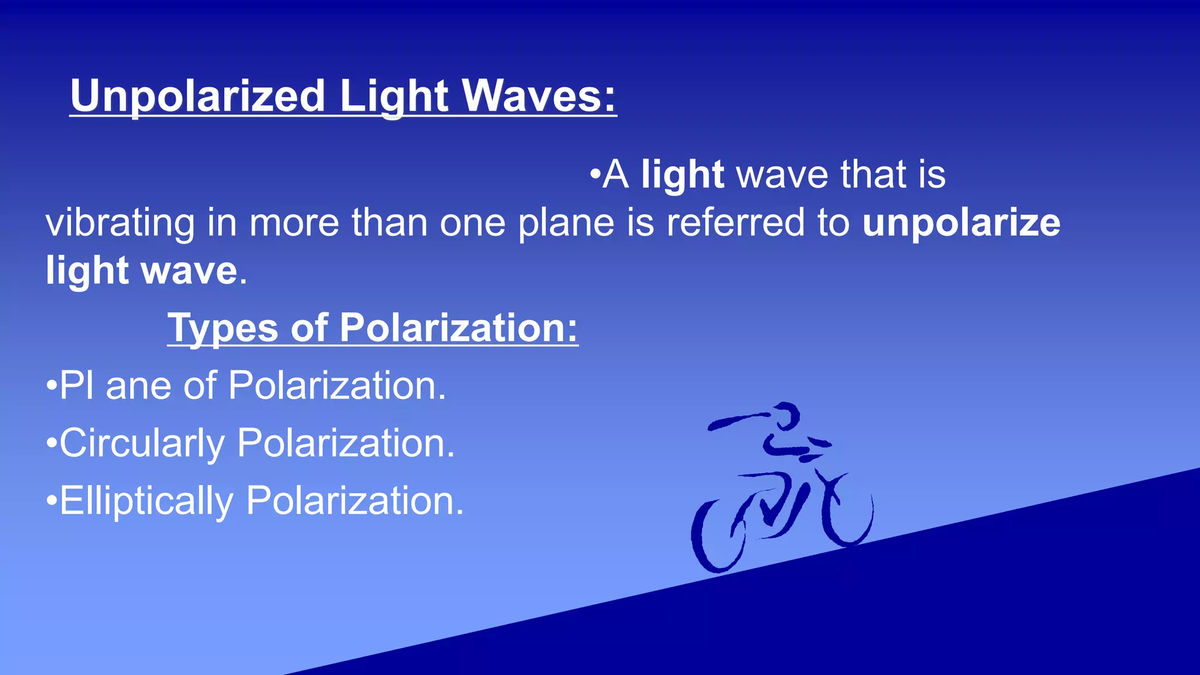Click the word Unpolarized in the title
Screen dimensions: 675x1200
coord(197,96)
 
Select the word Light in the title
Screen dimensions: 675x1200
coord(394,96)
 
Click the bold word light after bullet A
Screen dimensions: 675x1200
coord(682,175)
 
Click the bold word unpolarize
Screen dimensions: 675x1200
coord(961,224)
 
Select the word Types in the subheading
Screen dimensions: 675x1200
coord(223,328)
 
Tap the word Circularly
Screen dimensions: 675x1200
coord(142,444)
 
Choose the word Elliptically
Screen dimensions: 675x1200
coord(146,502)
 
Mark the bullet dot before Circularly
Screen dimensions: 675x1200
coord(52,443)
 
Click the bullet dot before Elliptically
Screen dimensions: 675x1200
coord(52,501)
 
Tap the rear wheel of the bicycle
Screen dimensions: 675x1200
coord(718,536)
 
